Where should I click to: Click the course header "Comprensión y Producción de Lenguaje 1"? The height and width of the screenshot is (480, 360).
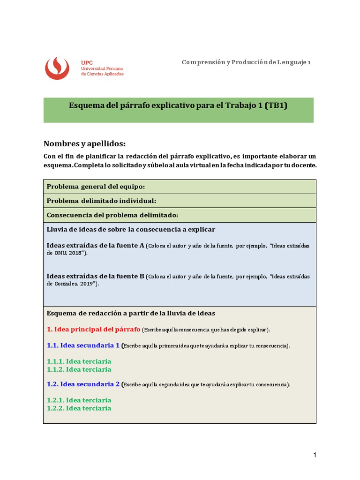(246, 62)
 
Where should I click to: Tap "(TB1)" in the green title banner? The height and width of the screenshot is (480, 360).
(276, 105)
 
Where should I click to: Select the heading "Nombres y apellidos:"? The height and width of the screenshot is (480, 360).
(84, 143)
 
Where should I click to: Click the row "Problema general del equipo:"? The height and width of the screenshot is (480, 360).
(96, 187)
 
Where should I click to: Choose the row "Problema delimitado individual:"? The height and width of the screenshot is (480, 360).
(101, 201)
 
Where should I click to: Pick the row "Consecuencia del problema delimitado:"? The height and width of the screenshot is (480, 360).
(112, 215)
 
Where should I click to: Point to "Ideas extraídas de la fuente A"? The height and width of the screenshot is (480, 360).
(96, 245)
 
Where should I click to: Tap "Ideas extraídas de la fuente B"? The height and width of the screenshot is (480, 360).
(96, 276)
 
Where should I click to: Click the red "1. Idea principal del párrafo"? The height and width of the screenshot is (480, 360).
(94, 329)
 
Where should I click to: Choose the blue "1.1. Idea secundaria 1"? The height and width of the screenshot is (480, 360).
(83, 345)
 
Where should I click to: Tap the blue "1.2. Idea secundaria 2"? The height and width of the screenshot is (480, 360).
(83, 384)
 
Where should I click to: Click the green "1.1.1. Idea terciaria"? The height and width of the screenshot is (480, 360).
(79, 361)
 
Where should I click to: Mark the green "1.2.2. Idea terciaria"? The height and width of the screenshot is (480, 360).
(79, 408)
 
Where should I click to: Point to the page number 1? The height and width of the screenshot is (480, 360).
(315, 455)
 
